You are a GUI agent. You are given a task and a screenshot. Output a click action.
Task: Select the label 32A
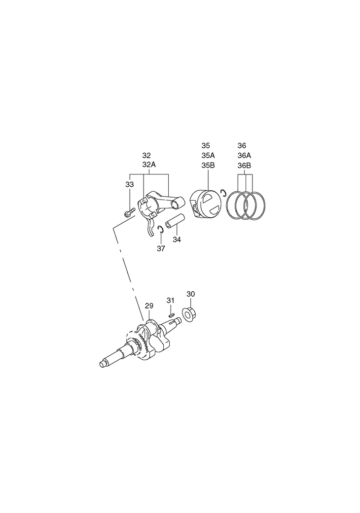click(149, 165)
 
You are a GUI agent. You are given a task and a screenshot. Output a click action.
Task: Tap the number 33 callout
click(129, 184)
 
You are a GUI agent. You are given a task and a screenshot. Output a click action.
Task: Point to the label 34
click(177, 239)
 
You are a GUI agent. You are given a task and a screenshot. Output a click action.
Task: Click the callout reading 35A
click(208, 155)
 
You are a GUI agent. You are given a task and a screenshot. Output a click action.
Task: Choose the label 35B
click(208, 165)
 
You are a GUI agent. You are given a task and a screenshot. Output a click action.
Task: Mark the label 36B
click(244, 165)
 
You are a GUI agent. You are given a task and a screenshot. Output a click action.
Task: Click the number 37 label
click(161, 249)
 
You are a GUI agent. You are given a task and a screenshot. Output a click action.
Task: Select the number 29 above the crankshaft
click(149, 306)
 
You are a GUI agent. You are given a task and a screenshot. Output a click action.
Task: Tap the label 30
click(191, 294)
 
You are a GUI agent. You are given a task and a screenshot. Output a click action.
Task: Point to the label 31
click(170, 300)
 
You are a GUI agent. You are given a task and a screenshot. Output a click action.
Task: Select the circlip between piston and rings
click(224, 193)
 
